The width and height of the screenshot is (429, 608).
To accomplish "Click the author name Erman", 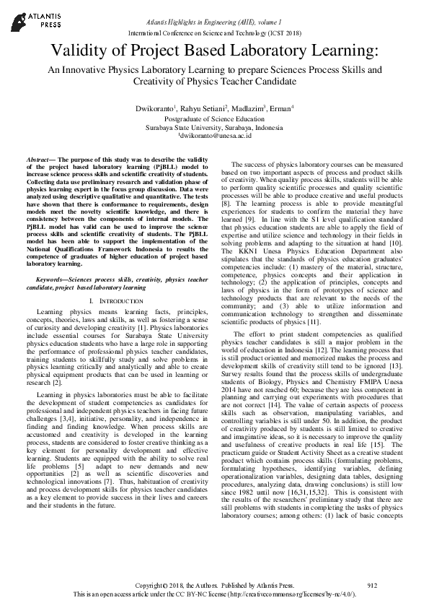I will coord(280,108).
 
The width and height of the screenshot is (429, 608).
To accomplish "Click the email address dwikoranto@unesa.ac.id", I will coord(216,135).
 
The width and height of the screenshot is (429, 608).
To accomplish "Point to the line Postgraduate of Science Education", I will coord(214,118).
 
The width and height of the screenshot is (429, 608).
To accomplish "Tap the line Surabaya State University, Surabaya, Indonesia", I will coord(214,126).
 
